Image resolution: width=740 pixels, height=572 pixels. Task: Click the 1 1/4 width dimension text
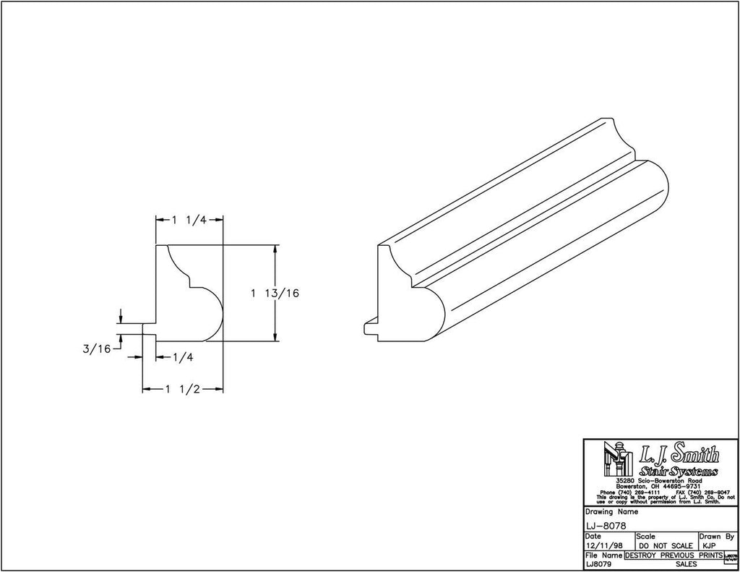point(189,221)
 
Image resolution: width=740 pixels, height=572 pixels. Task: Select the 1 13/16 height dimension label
point(275,293)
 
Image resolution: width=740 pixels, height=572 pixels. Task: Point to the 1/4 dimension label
point(181,357)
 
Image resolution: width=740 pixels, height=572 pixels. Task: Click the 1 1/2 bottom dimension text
point(181,389)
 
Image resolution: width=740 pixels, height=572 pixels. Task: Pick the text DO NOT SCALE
point(666,546)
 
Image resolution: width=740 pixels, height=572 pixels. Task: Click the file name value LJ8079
point(597,563)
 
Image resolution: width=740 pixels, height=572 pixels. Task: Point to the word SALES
point(686,563)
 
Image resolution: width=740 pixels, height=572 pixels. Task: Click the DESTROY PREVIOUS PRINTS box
point(671,555)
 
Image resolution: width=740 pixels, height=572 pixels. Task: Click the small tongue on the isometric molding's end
point(369,326)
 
